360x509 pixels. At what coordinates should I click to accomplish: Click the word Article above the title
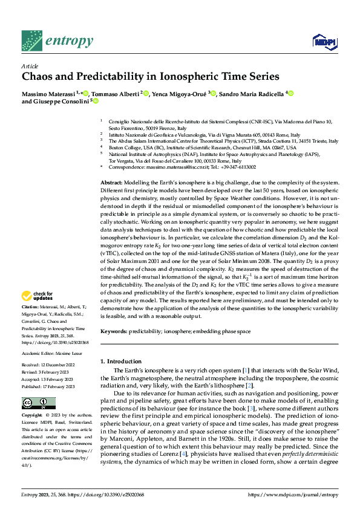[x=30, y=66]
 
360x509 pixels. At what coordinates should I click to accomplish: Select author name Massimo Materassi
[x=49, y=94]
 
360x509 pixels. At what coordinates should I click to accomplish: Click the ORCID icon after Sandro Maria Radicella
[x=290, y=94]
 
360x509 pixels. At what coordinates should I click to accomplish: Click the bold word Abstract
[x=111, y=183]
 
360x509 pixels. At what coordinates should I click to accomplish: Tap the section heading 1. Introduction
[x=123, y=361]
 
